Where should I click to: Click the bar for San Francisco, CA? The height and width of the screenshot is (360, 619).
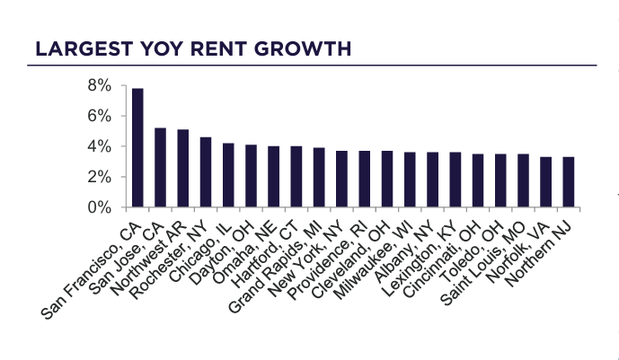pos(137,148)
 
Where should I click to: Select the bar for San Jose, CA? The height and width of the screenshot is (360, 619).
pos(160,168)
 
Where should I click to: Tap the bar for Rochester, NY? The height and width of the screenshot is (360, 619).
pos(205,172)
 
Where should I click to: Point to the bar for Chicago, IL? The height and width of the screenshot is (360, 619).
pos(228,175)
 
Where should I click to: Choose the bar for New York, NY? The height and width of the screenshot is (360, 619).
pos(341,179)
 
